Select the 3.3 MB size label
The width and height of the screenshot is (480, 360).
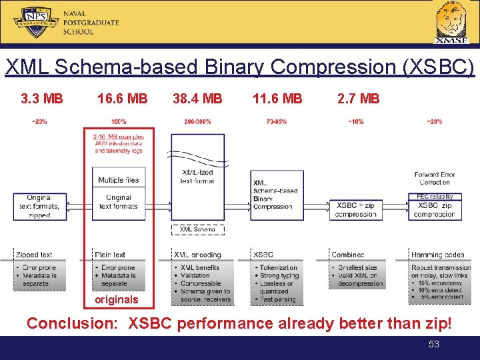coord(42,99)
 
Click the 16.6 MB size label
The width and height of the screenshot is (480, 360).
coord(122,99)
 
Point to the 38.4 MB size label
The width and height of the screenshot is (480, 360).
coord(197,99)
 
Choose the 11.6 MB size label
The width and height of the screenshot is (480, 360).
coord(277,99)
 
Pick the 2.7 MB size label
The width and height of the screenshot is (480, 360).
coord(359,99)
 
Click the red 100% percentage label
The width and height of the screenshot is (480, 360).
coord(119,122)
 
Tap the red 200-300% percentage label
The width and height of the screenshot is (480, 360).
coord(197,122)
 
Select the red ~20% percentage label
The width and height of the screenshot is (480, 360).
coord(434,122)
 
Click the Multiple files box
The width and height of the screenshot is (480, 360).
coord(119,180)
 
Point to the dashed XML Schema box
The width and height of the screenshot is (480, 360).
coord(197,229)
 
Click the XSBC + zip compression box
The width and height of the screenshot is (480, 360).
coord(356,209)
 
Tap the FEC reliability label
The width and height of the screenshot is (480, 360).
coord(435,197)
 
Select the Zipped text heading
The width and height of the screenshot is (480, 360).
coord(34,255)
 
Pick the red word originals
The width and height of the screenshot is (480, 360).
coord(117,299)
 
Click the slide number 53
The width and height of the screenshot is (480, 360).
coord(434,345)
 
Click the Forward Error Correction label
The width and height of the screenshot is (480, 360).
coord(435,178)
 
